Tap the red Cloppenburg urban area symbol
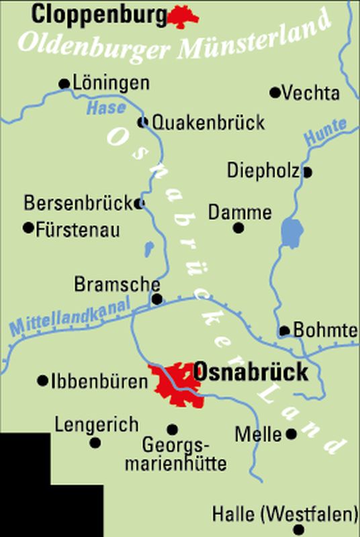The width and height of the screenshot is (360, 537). click(x=184, y=16)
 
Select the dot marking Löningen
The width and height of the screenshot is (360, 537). click(x=64, y=84)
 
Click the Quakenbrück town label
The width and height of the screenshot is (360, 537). click(x=208, y=122)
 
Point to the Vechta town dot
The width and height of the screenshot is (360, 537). click(x=275, y=93)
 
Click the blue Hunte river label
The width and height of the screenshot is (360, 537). click(x=326, y=132)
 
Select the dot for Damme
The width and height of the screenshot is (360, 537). click(x=238, y=228)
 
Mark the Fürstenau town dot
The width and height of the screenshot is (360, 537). click(x=28, y=228)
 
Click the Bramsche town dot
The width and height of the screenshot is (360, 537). click(x=157, y=299)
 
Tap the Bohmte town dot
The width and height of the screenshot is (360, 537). click(x=285, y=330)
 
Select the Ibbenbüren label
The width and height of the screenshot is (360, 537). click(x=99, y=381)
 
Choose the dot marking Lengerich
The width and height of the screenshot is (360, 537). click(x=95, y=442)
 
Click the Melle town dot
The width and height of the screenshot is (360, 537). click(x=291, y=434)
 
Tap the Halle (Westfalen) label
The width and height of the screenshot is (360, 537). click(x=285, y=516)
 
